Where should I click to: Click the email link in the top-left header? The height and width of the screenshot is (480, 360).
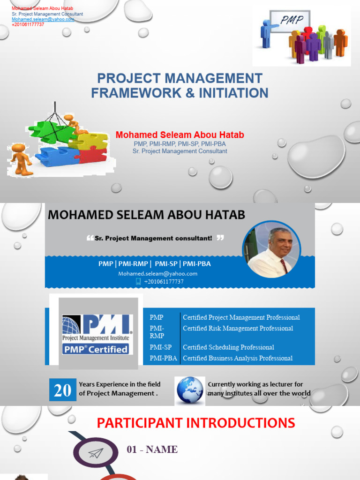pos(43,19)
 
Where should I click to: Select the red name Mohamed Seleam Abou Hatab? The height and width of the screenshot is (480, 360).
pos(180,135)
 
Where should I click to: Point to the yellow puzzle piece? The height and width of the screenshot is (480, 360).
pos(91,141)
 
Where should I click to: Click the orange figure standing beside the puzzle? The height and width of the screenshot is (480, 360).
pos(20,159)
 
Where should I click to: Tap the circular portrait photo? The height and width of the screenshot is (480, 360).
pos(271,249)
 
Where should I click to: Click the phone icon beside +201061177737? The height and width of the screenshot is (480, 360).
pos(138,281)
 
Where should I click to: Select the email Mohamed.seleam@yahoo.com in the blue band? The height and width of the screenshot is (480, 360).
pos(157,273)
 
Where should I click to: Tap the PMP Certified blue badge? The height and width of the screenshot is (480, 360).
pos(97,349)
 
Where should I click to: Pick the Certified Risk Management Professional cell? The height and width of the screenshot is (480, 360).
pos(238,329)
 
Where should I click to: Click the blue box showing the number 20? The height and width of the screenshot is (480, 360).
pos(62,390)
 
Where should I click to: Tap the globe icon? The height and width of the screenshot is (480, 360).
pos(190,390)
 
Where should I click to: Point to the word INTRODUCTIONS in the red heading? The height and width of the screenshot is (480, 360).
pos(240,423)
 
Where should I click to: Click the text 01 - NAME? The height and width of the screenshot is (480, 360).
pos(152,450)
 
